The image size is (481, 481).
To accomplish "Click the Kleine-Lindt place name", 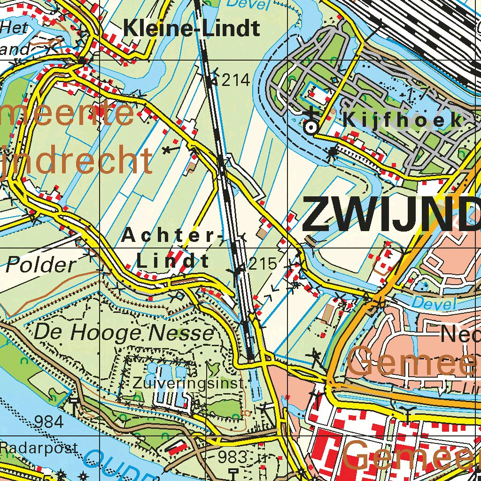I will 191,29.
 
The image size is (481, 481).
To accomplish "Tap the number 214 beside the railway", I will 235,80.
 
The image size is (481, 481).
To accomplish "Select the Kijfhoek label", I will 403,120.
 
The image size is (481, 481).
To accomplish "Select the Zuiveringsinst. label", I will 189,383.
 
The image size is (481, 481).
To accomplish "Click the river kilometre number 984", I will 49,422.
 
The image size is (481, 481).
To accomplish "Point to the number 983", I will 233,456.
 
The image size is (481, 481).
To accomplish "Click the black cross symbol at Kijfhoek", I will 310,113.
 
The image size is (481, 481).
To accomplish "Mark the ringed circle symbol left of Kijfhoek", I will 310,127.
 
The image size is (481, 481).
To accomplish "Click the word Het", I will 14,28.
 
